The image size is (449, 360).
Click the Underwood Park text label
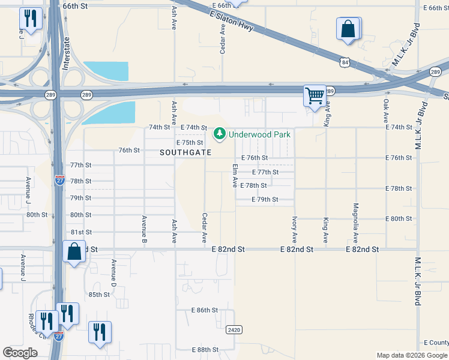259,134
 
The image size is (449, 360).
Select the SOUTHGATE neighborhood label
185,152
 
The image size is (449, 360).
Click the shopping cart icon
314,95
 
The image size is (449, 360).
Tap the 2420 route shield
234,330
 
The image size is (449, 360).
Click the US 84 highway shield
343,62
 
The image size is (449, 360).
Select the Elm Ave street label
235,176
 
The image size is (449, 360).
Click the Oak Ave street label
385,112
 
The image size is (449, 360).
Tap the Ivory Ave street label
294,230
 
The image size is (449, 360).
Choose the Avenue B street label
144,230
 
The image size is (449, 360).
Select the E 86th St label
204,310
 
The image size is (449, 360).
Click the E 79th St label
265,199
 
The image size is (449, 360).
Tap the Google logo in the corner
20,353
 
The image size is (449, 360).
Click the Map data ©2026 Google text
411,355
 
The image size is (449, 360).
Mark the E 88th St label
204,350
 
